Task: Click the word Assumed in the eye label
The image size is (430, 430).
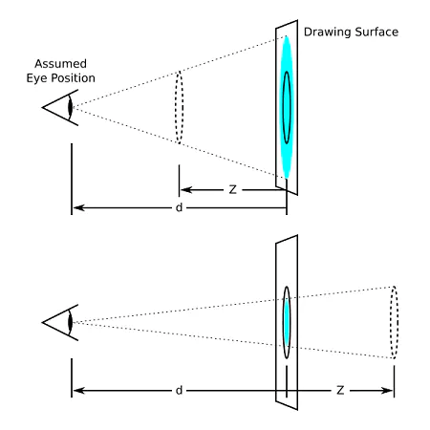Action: [x=60, y=64]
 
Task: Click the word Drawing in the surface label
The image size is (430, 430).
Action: [x=328, y=32]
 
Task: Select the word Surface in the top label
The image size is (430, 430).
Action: [x=376, y=32]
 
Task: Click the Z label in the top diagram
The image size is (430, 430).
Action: [x=233, y=189]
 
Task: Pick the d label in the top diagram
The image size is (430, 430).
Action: [x=179, y=207]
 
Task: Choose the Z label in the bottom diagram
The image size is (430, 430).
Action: [x=340, y=390]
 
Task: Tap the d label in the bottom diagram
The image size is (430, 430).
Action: [x=179, y=390]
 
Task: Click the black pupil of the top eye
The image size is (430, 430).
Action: [x=71, y=107]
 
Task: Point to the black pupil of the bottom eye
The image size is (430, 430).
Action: [x=71, y=322]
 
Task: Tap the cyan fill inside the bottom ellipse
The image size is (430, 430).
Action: [x=287, y=322]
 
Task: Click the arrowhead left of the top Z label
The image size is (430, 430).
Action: [x=186, y=190]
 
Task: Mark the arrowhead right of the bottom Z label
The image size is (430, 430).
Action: [x=387, y=390]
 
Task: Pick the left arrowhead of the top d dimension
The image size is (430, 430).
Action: [x=78, y=207]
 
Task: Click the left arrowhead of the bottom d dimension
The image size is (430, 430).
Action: [x=78, y=390]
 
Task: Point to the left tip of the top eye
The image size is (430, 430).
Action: [x=42, y=107]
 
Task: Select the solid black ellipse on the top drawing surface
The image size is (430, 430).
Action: [x=283, y=107]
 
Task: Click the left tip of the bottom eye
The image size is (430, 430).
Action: [x=42, y=322]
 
